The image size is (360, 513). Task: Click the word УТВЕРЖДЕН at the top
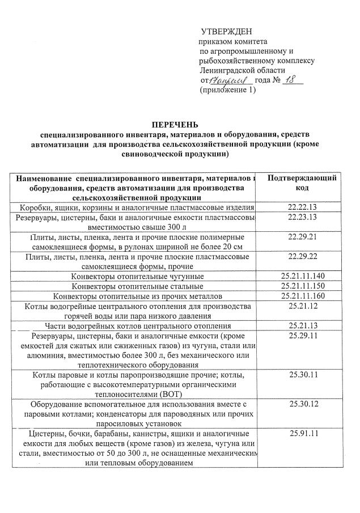pos(227,31)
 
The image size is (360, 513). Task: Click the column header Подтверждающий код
pos(302,183)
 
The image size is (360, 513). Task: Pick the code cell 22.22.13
pos(302,207)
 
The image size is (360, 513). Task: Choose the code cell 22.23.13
pos(302,218)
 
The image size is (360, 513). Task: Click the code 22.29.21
pos(302,236)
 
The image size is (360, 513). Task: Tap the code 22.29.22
pos(302,257)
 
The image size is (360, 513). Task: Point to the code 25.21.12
pos(302,306)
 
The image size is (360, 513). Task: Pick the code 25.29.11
pos(302,336)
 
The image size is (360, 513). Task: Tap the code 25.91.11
pos(302,434)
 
